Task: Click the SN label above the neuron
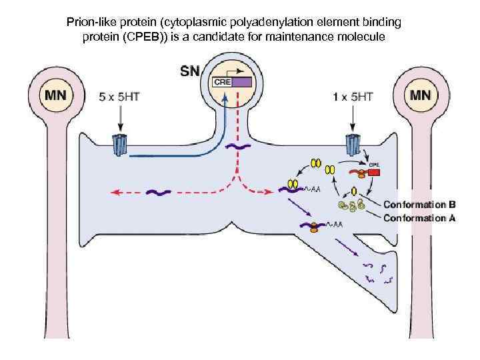pyautogui.click(x=189, y=71)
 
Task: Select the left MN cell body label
pyautogui.click(x=55, y=95)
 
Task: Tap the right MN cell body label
pyautogui.click(x=421, y=95)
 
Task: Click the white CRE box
pyautogui.click(x=222, y=82)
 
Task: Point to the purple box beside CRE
pyautogui.click(x=241, y=82)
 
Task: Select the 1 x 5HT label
pyautogui.click(x=353, y=96)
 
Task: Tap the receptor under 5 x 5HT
pyautogui.click(x=120, y=145)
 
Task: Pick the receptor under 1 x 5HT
pyautogui.click(x=353, y=145)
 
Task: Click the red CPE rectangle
pyautogui.click(x=373, y=172)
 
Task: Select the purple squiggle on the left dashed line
pyautogui.click(x=159, y=193)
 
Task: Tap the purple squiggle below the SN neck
pyautogui.click(x=238, y=146)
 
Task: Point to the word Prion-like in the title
pyautogui.click(x=91, y=23)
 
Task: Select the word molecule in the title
pyautogui.click(x=363, y=36)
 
